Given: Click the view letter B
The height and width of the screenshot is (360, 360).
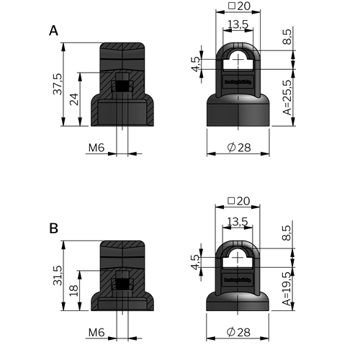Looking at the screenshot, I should pyautogui.click(x=53, y=228).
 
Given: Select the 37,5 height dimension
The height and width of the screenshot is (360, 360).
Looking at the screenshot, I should pyautogui.click(x=56, y=86).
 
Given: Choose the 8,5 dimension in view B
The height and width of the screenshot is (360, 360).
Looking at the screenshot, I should pyautogui.click(x=287, y=231).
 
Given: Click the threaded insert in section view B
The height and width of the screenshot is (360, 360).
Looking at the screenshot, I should pyautogui.click(x=124, y=283).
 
